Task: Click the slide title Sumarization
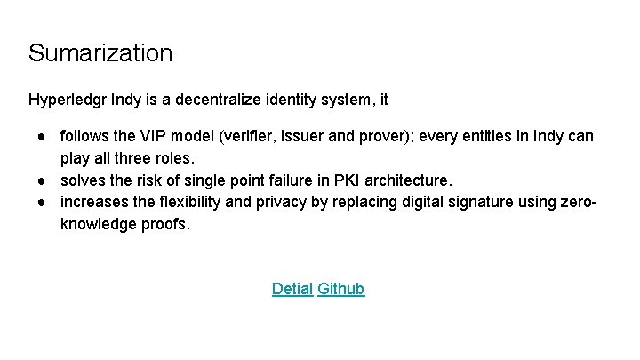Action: click(x=100, y=52)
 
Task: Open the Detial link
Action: click(x=292, y=289)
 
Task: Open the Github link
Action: click(x=341, y=289)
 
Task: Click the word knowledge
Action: click(x=96, y=224)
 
